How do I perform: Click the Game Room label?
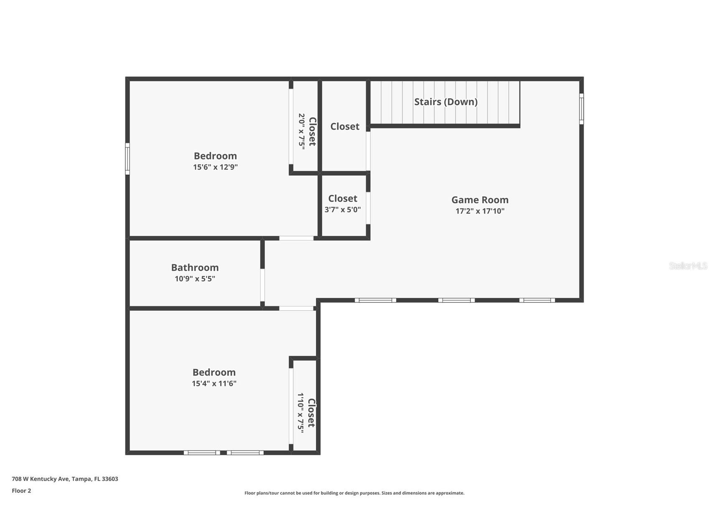480,200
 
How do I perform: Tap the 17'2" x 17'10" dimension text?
480,211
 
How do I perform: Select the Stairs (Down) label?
445,102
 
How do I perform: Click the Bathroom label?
195,268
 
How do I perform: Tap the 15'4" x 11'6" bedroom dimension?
214,384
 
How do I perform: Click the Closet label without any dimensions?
345,126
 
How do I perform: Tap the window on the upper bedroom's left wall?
127,159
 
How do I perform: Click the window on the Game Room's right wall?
581,109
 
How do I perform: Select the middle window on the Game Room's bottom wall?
456,300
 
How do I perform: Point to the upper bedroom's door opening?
296,238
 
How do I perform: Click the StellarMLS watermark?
688,266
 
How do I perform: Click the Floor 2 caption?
21,491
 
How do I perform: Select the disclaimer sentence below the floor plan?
354,494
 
